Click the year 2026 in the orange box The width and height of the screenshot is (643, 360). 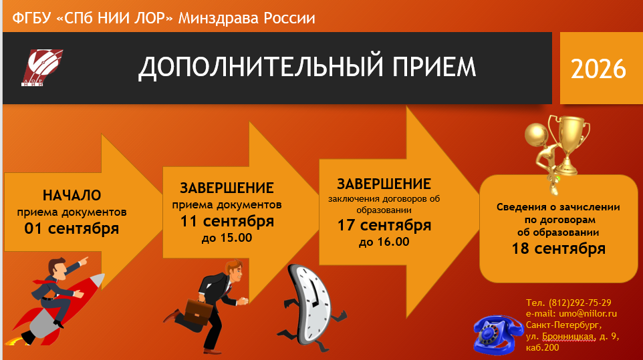pos(598,69)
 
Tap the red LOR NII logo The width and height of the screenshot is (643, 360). pos(42,67)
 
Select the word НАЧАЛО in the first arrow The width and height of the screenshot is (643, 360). pos(72,195)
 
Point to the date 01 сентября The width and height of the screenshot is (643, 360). pos(72,228)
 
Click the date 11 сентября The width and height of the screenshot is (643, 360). pos(227,221)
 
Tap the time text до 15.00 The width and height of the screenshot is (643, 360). pos(227,238)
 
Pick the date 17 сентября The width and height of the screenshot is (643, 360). pos(384,225)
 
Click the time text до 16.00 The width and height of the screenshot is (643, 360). pos(384,242)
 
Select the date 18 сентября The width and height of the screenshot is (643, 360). pos(559,248)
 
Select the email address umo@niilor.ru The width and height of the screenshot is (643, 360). pos(588,314)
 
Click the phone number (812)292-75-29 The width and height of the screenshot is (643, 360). pos(580,303)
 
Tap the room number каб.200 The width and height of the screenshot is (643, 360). pos(543,348)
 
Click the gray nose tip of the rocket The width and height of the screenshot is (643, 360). pos(98,281)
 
